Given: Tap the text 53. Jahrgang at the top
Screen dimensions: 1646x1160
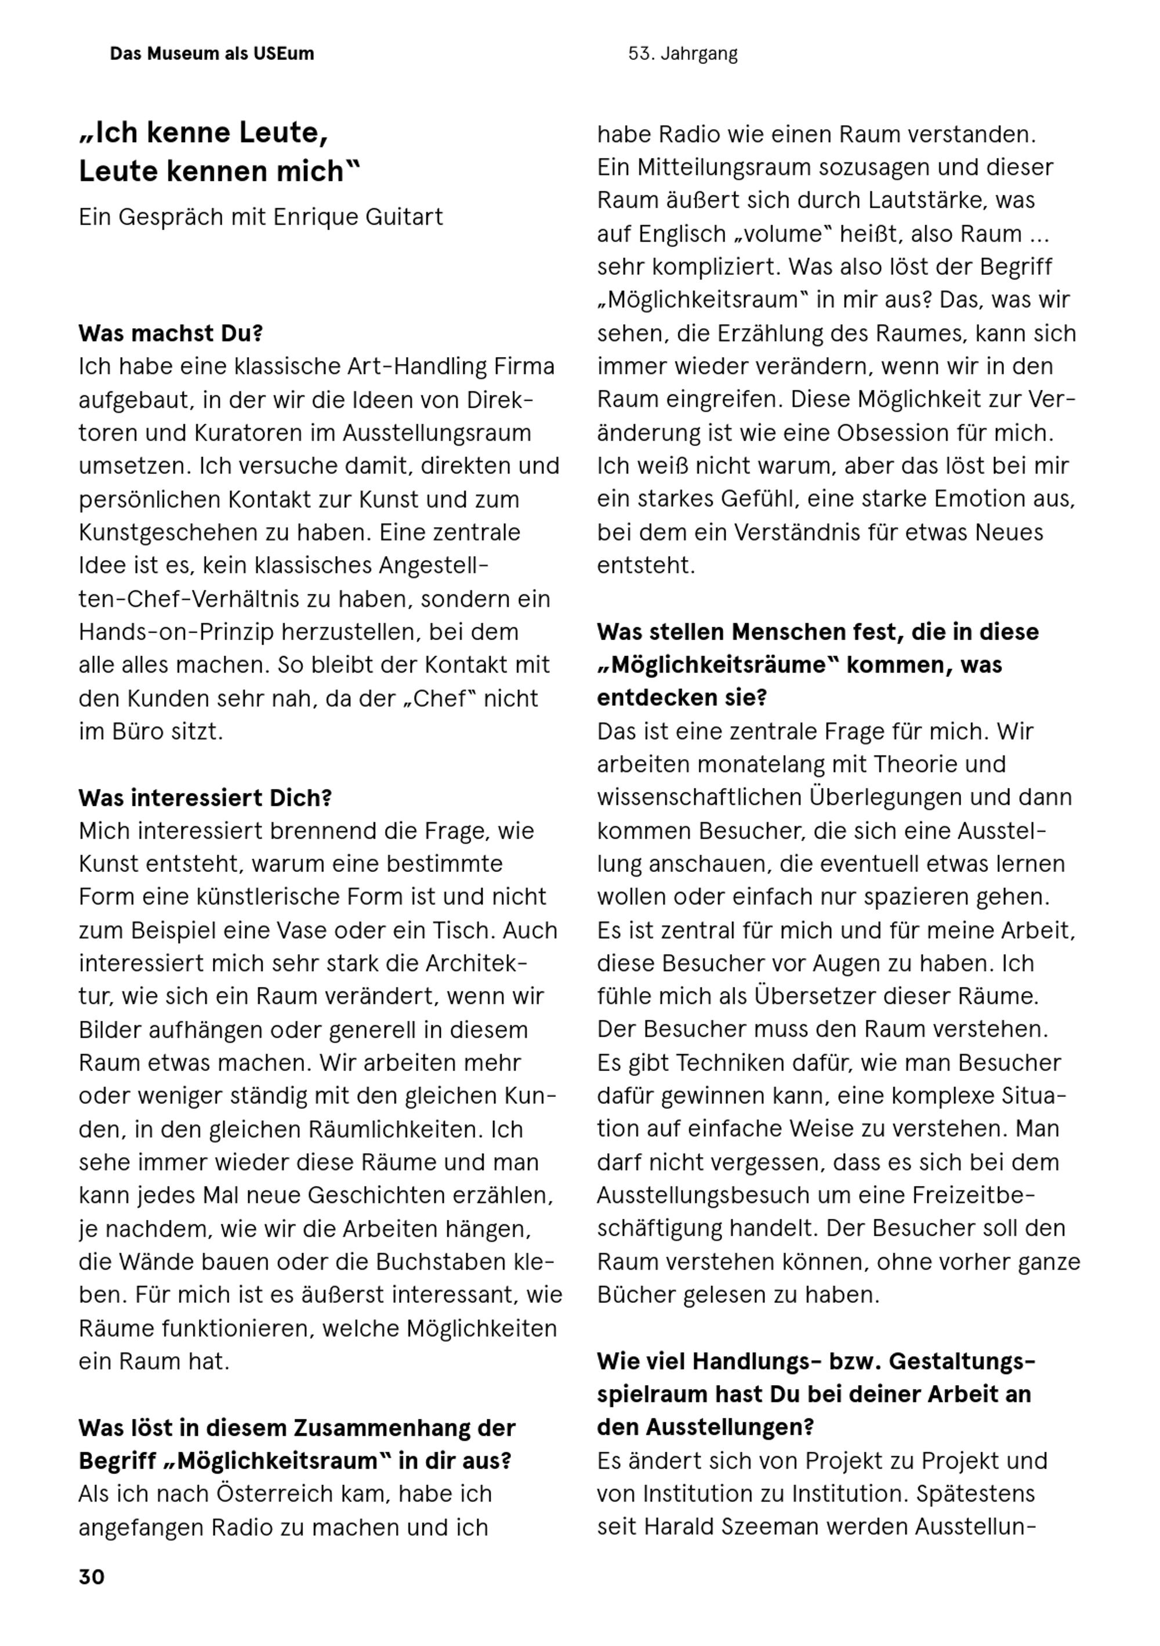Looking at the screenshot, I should point(682,54).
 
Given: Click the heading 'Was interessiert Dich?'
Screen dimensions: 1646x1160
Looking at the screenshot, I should point(205,798).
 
